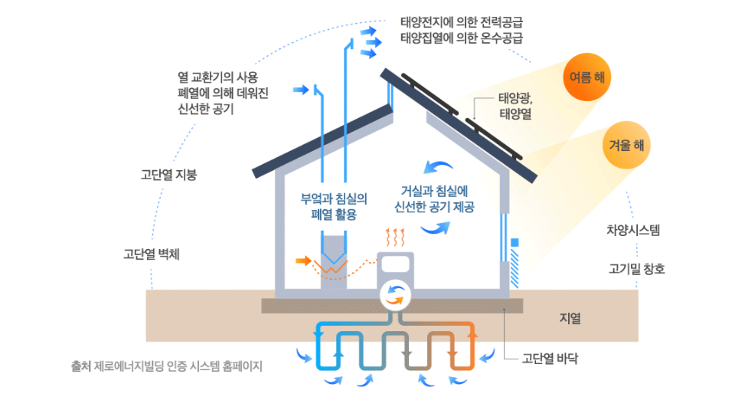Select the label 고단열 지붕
169,174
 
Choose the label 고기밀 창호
637,269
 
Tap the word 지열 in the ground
570,318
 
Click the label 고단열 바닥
550,357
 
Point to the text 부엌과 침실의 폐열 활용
335,206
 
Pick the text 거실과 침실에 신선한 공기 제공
434,198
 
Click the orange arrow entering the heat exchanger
304,261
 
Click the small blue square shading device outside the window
514,243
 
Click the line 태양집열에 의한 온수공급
466,37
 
